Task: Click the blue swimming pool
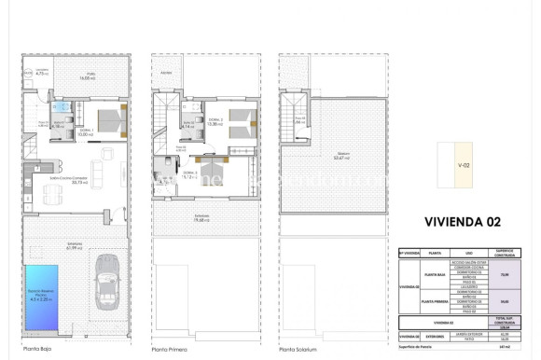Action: coord(44,298)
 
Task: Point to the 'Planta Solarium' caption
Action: coord(298,350)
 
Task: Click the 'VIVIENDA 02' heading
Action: coord(462,222)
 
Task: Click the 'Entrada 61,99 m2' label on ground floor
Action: coord(75,245)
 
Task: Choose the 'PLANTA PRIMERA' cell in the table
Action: coord(435,303)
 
